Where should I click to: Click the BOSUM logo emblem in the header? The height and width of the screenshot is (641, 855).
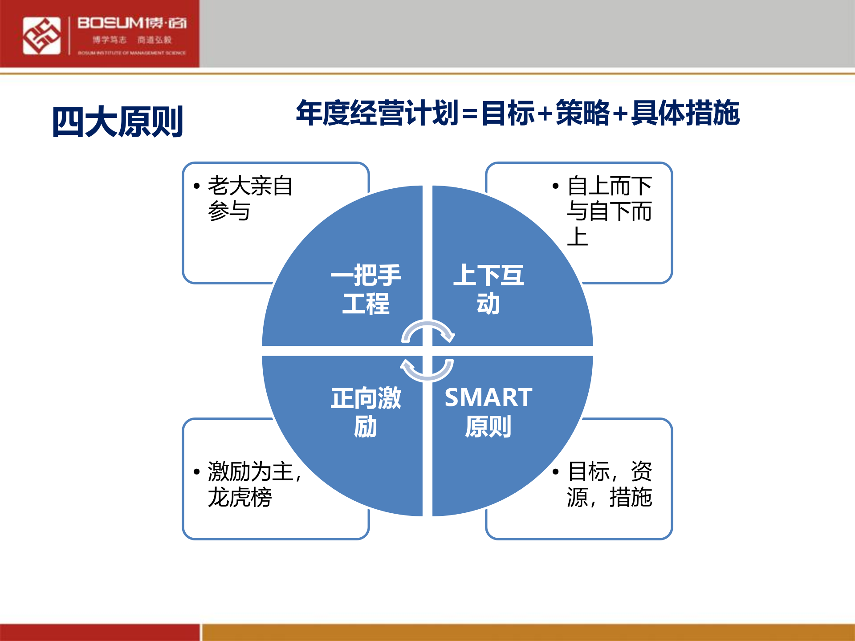(41, 36)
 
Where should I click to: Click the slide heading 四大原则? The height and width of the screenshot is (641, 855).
(118, 122)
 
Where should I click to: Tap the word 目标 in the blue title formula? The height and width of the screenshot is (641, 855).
(508, 113)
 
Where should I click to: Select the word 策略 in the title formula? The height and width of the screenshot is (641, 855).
(582, 113)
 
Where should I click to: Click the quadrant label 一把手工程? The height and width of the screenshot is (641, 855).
(366, 289)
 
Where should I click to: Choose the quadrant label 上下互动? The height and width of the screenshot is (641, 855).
(488, 289)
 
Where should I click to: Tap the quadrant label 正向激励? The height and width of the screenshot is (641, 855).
(366, 412)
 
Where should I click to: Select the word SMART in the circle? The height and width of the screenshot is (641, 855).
(488, 398)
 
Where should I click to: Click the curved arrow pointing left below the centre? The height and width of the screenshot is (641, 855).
(427, 370)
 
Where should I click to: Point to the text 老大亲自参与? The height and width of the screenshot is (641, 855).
(249, 198)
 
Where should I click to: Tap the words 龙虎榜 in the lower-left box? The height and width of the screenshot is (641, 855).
(240, 497)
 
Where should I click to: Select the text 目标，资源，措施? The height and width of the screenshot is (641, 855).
(609, 484)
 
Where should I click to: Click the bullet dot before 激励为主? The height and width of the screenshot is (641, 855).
(196, 472)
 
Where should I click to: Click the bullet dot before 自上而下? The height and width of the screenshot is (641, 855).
(555, 186)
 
